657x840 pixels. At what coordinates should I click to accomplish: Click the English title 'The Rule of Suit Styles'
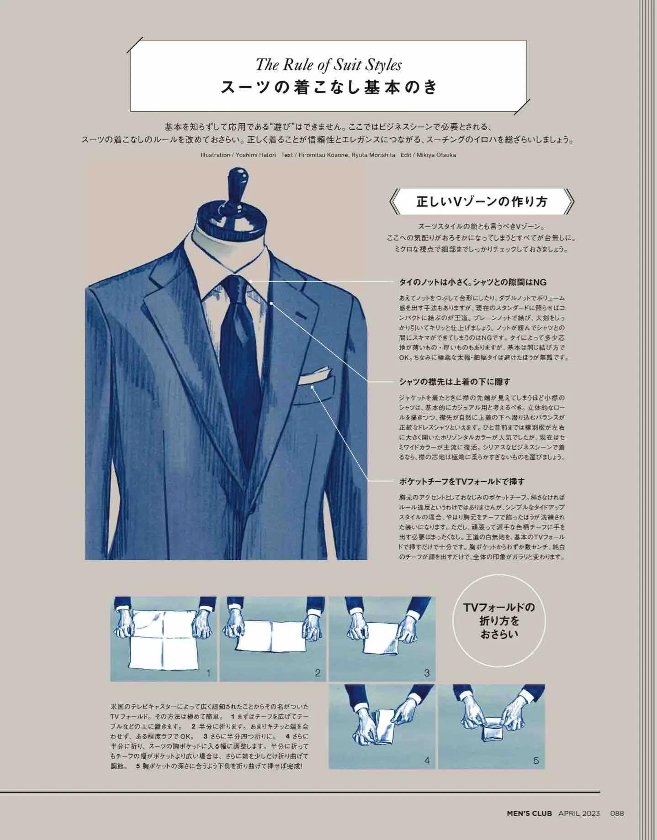[328, 65]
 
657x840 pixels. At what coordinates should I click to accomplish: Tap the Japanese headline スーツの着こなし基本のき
[328, 87]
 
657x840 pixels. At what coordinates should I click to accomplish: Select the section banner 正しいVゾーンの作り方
[482, 201]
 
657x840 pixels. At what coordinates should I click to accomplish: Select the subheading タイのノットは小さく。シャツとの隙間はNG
[472, 282]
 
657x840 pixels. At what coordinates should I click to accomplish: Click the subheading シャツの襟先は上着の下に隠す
[454, 382]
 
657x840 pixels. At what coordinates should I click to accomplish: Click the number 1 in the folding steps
[208, 673]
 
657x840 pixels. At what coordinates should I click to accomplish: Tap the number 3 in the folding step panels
[427, 673]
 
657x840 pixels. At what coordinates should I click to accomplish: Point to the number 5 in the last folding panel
[536, 761]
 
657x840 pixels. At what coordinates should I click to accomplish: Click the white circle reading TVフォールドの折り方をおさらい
[499, 621]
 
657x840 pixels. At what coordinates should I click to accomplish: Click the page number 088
[617, 813]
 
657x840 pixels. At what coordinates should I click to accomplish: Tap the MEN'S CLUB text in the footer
[529, 813]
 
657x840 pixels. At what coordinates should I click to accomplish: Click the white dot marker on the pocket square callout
[313, 387]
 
